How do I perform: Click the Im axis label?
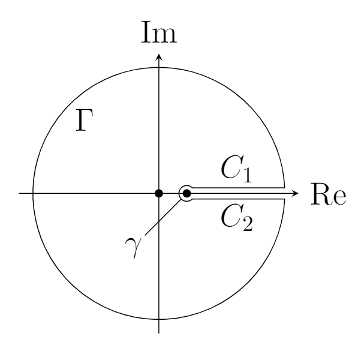159,32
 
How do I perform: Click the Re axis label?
328,194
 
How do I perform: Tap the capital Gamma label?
85,120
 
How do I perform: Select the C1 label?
237,170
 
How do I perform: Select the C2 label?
237,218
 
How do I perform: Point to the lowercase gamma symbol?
133,248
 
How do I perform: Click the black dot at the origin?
159,193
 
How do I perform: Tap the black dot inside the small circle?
186,193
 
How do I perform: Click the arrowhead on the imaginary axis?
159,57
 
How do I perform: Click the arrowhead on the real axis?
296,193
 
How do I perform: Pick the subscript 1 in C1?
248,175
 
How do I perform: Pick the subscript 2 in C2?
248,223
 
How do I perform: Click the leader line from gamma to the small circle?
163,217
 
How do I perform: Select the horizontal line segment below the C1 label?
239,188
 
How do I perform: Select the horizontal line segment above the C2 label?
239,199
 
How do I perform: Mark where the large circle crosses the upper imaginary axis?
159,67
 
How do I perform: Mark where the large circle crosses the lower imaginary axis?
159,319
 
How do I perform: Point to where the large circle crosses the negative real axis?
33,193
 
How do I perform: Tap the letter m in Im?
166,36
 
